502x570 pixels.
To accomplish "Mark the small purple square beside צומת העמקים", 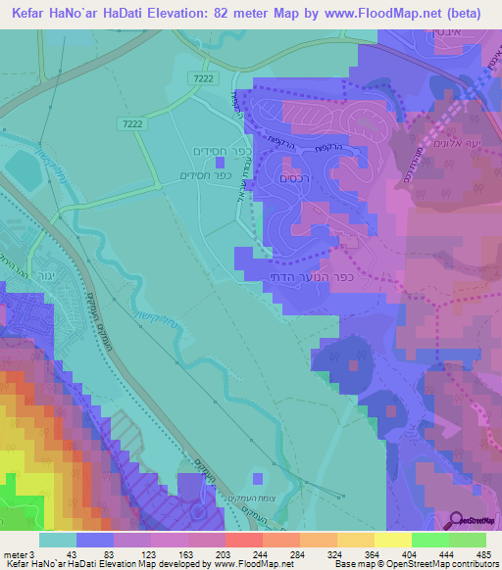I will (257, 479).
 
